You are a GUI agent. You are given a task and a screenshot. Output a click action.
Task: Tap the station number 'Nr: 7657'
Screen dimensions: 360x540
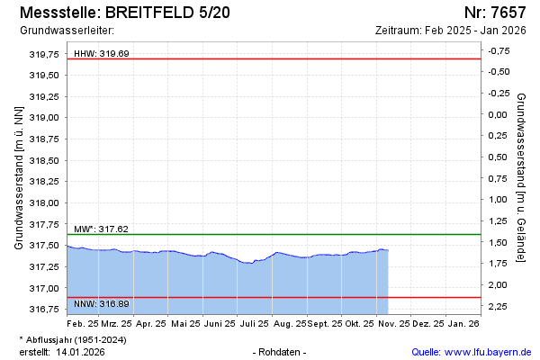click(x=495, y=13)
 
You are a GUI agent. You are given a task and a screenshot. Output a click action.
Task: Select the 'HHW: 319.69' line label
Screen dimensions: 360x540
click(x=101, y=53)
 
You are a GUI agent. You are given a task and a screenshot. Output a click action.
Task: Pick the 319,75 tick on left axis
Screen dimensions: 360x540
click(x=44, y=54)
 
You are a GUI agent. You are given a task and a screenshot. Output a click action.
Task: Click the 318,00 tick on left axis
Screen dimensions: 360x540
click(x=44, y=202)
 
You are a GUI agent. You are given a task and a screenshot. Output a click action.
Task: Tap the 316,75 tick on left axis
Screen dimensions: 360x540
click(x=44, y=310)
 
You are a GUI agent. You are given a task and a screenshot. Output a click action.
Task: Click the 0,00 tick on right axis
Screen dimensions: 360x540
click(x=498, y=114)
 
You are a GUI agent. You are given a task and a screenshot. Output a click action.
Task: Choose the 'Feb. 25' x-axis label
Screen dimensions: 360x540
click(x=83, y=322)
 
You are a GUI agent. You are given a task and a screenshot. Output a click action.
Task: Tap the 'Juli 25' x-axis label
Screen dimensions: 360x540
click(x=255, y=322)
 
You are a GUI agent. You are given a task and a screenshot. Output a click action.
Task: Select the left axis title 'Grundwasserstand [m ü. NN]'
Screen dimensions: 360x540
click(x=18, y=177)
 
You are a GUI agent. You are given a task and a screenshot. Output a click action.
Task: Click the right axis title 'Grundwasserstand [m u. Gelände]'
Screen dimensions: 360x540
click(x=521, y=177)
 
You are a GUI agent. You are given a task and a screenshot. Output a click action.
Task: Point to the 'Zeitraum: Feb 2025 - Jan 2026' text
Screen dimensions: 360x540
click(x=450, y=31)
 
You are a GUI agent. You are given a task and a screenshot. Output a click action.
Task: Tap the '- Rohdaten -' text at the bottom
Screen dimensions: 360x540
click(x=281, y=351)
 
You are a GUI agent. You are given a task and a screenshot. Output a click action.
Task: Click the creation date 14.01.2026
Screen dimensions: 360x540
click(x=81, y=351)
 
